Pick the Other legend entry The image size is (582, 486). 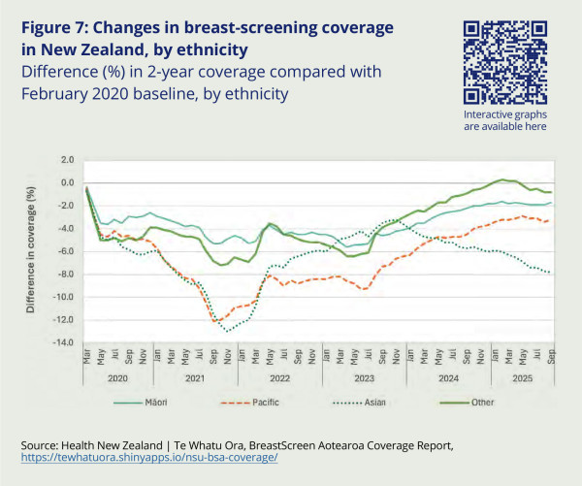(480, 401)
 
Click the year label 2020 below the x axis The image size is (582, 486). (118, 377)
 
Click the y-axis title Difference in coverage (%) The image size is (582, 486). (31, 250)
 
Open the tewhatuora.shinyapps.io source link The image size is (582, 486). (147, 457)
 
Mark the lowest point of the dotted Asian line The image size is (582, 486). (228, 331)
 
